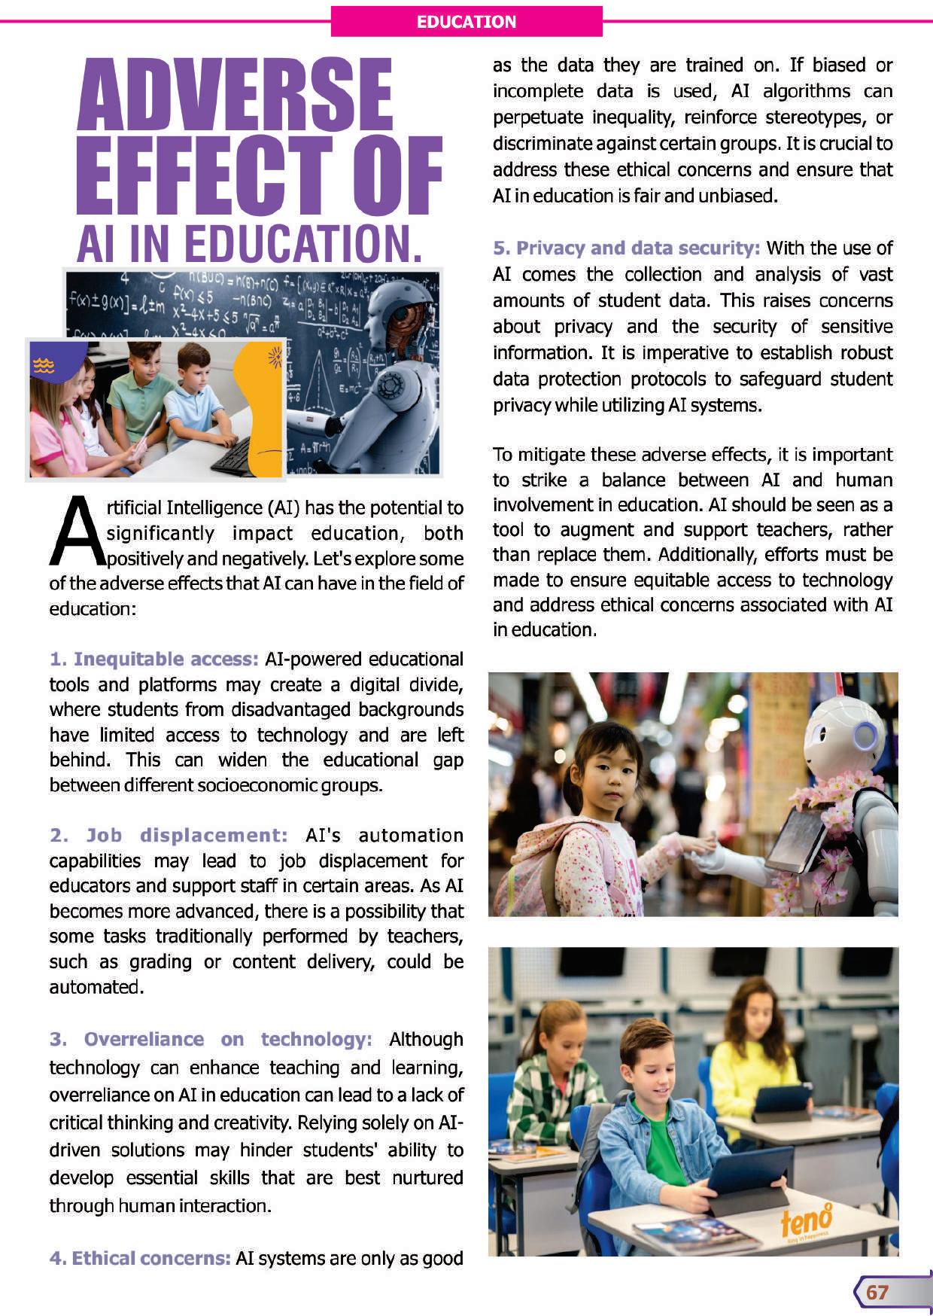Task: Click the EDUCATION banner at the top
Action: click(466, 21)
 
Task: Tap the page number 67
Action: click(877, 1292)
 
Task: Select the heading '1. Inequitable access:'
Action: click(154, 660)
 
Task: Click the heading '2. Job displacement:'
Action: click(169, 836)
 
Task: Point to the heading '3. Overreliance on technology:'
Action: click(211, 1040)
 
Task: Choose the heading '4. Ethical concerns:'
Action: click(140, 1259)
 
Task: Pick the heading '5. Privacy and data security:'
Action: click(626, 248)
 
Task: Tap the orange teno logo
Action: click(806, 1220)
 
